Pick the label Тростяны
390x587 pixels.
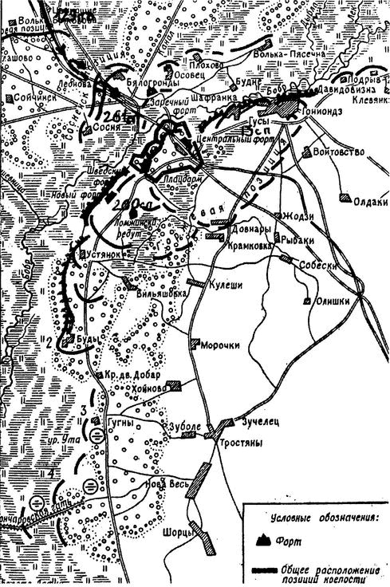click(x=231, y=441)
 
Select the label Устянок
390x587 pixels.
click(x=110, y=255)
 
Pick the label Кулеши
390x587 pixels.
click(x=223, y=282)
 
